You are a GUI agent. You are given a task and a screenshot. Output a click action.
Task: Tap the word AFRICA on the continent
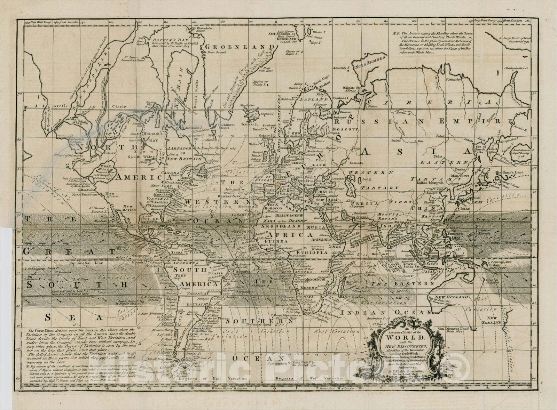pyautogui.click(x=292, y=235)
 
